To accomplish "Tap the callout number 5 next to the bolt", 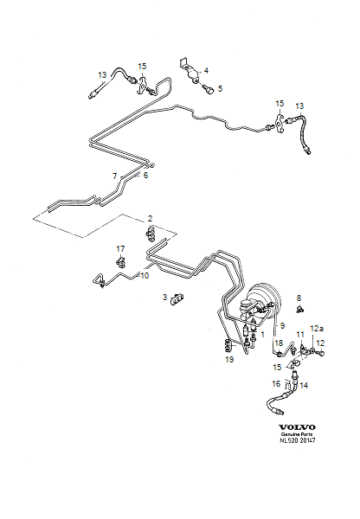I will [x=220, y=88].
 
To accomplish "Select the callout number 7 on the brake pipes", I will [x=113, y=176].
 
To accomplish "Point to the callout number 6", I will [x=145, y=176].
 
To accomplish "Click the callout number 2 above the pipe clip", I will [x=150, y=218].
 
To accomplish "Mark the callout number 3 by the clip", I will [x=164, y=298].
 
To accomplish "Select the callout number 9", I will [x=280, y=326].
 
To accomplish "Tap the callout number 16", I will [x=277, y=383].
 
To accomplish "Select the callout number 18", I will [x=278, y=343].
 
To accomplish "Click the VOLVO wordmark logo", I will [x=297, y=426].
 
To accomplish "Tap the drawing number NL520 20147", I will [x=297, y=441].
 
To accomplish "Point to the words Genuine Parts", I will [x=297, y=434].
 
